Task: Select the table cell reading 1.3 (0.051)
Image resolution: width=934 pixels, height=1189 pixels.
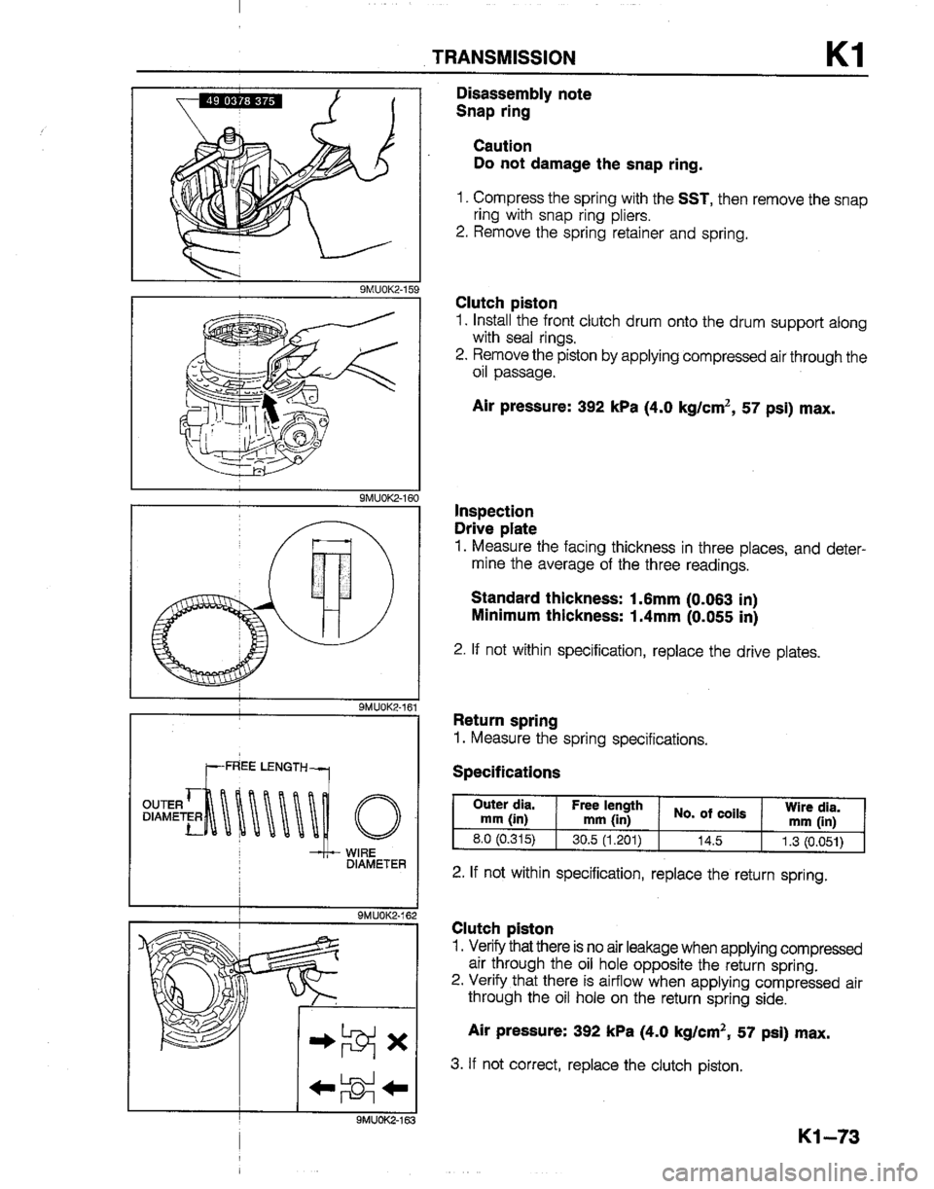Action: coord(813,841)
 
